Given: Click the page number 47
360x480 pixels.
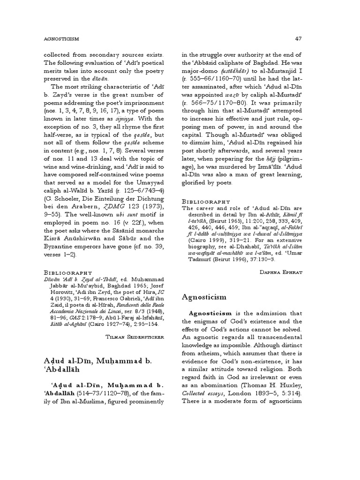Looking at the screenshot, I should (298, 38).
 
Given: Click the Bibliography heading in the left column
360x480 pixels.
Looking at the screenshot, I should (64, 272).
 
